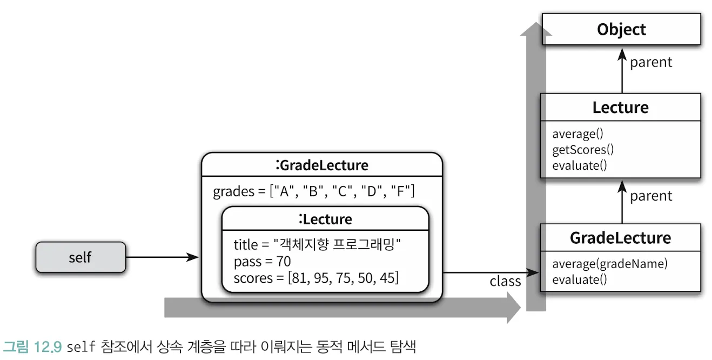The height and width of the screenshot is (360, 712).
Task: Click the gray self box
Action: (80, 257)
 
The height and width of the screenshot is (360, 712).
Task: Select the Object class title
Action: (621, 29)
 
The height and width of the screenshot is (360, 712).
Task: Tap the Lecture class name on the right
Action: (620, 107)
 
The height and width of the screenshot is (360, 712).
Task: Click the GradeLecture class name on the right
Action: (620, 237)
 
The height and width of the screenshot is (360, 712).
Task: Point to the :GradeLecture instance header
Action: (321, 164)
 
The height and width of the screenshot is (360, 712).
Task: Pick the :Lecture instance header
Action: (325, 219)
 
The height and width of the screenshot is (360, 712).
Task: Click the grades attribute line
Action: (314, 191)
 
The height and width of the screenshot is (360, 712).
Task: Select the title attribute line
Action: (317, 245)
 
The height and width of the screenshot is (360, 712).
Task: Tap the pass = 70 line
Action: (263, 262)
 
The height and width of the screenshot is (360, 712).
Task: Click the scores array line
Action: (316, 278)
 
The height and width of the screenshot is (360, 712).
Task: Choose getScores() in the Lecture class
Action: (583, 149)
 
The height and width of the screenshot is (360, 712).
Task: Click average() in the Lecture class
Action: (577, 134)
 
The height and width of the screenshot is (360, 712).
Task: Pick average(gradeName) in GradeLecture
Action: (610, 264)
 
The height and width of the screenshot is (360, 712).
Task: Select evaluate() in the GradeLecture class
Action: (580, 279)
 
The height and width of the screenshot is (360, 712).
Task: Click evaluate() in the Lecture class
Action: (580, 165)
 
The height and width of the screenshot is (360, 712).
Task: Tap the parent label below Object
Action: (651, 62)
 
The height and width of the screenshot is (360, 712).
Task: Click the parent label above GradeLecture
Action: (651, 196)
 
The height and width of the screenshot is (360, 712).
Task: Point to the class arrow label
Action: (505, 281)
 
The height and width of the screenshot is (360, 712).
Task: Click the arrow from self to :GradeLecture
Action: (162, 257)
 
